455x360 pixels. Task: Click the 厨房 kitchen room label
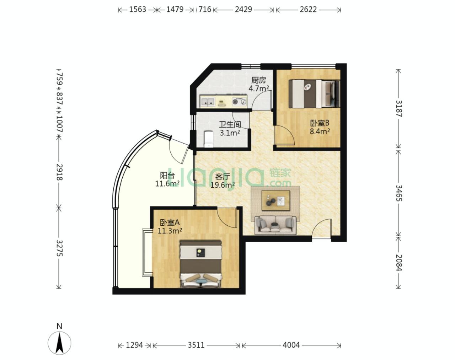click(258, 80)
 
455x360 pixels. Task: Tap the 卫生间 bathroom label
click(230, 125)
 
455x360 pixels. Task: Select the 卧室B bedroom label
click(320, 123)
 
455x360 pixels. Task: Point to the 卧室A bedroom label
click(170, 222)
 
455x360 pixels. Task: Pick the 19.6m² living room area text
click(223, 185)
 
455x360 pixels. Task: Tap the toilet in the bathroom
click(208, 139)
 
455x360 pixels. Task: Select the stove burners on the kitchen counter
click(240, 102)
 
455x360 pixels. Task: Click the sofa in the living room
click(275, 225)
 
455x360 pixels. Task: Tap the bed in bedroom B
click(314, 94)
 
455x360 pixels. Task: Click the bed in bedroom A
click(200, 264)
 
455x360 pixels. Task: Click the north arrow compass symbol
click(59, 343)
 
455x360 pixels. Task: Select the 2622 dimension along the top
click(308, 10)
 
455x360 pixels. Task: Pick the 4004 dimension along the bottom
click(291, 345)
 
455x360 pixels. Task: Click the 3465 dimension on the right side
click(399, 193)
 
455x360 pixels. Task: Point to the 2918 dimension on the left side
click(59, 172)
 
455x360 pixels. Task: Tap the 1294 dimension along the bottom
click(134, 345)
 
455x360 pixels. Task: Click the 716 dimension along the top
click(205, 10)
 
